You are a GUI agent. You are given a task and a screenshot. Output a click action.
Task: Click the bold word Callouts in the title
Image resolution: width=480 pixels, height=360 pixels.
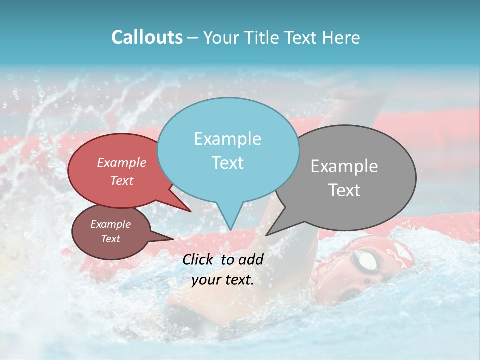click(147, 37)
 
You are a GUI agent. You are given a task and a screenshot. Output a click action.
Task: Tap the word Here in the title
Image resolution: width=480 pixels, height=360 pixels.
click(341, 37)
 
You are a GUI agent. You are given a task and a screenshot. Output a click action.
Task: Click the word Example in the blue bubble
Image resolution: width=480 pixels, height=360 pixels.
click(227, 139)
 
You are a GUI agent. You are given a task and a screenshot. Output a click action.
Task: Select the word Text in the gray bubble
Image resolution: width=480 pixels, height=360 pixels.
click(344, 190)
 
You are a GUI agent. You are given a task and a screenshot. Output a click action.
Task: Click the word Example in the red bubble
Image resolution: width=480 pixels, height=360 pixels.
click(122, 162)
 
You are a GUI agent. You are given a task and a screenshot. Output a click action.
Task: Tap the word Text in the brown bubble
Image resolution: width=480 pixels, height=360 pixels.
click(111, 239)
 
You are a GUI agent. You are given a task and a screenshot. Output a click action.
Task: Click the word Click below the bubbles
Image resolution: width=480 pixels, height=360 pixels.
click(199, 259)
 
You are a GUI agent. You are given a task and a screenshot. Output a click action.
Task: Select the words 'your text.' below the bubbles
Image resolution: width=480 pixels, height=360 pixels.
click(222, 280)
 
